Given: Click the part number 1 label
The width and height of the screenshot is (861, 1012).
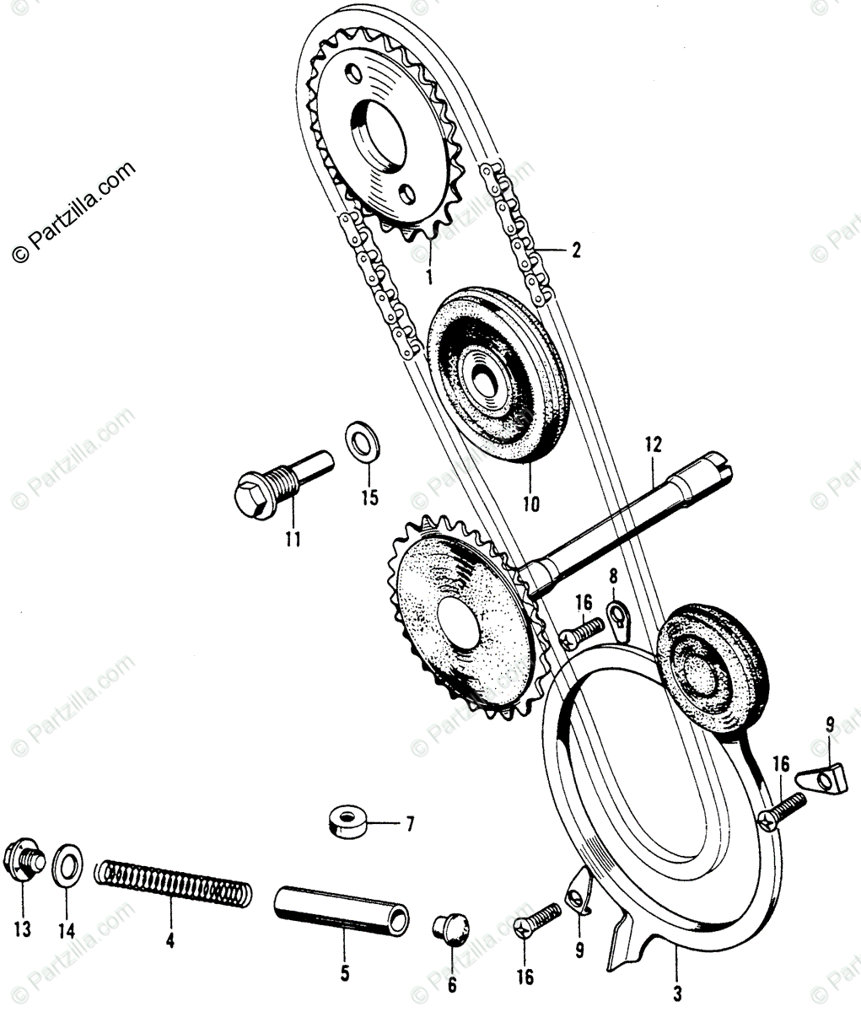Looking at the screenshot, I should [428, 275].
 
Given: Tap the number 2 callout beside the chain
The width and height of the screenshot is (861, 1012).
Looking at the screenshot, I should [575, 250].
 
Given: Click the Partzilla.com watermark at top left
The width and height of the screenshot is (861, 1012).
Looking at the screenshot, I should [73, 212].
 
